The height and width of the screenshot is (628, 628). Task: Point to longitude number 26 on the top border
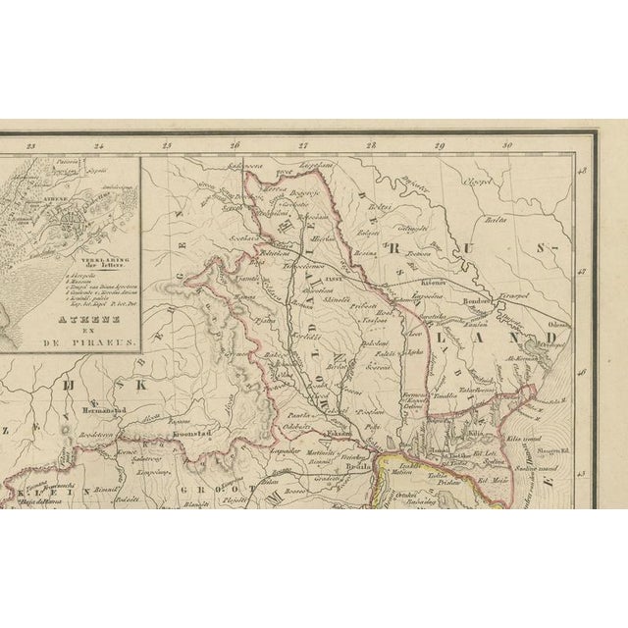click(x=235, y=146)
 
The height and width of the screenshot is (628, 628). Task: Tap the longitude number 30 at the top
click(x=507, y=146)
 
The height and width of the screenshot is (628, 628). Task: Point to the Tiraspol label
click(x=510, y=292)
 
